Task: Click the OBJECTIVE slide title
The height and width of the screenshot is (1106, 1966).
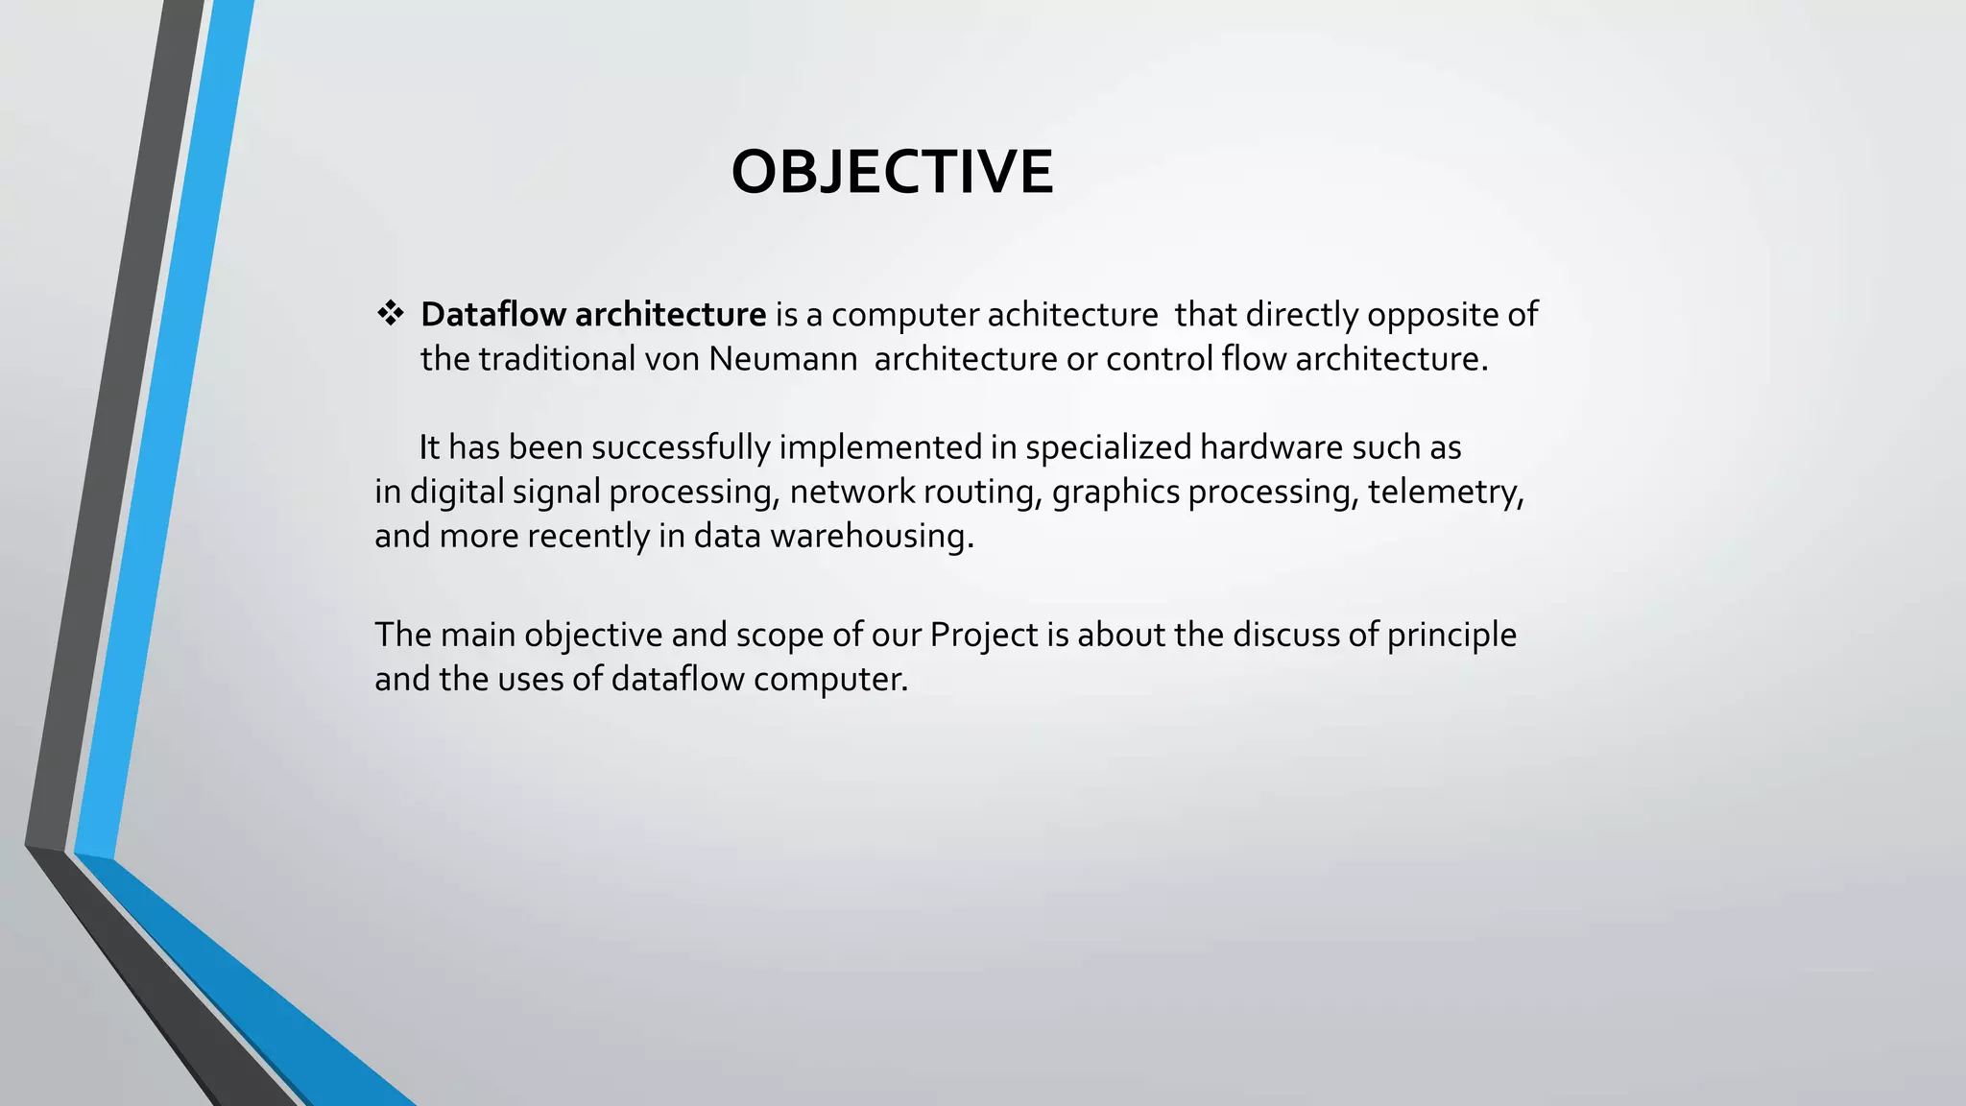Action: click(892, 173)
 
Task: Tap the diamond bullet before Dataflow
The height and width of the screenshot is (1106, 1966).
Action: click(390, 313)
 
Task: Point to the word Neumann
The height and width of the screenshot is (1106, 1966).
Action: click(782, 359)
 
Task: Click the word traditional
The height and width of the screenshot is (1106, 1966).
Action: click(557, 359)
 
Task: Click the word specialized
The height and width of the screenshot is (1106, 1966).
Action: click(1108, 448)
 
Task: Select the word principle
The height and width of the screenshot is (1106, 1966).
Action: click(1451, 636)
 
